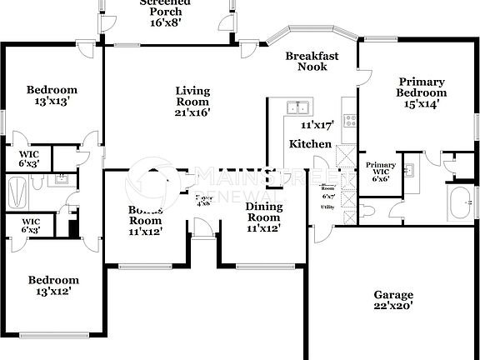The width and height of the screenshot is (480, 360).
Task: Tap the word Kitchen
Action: coord(310,145)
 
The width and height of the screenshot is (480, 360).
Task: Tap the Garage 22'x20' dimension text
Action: coord(393,306)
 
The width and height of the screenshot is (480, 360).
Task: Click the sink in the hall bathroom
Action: coord(62,178)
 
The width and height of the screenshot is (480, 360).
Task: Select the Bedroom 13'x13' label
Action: coord(52,96)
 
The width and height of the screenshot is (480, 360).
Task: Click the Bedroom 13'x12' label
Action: coord(53,286)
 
